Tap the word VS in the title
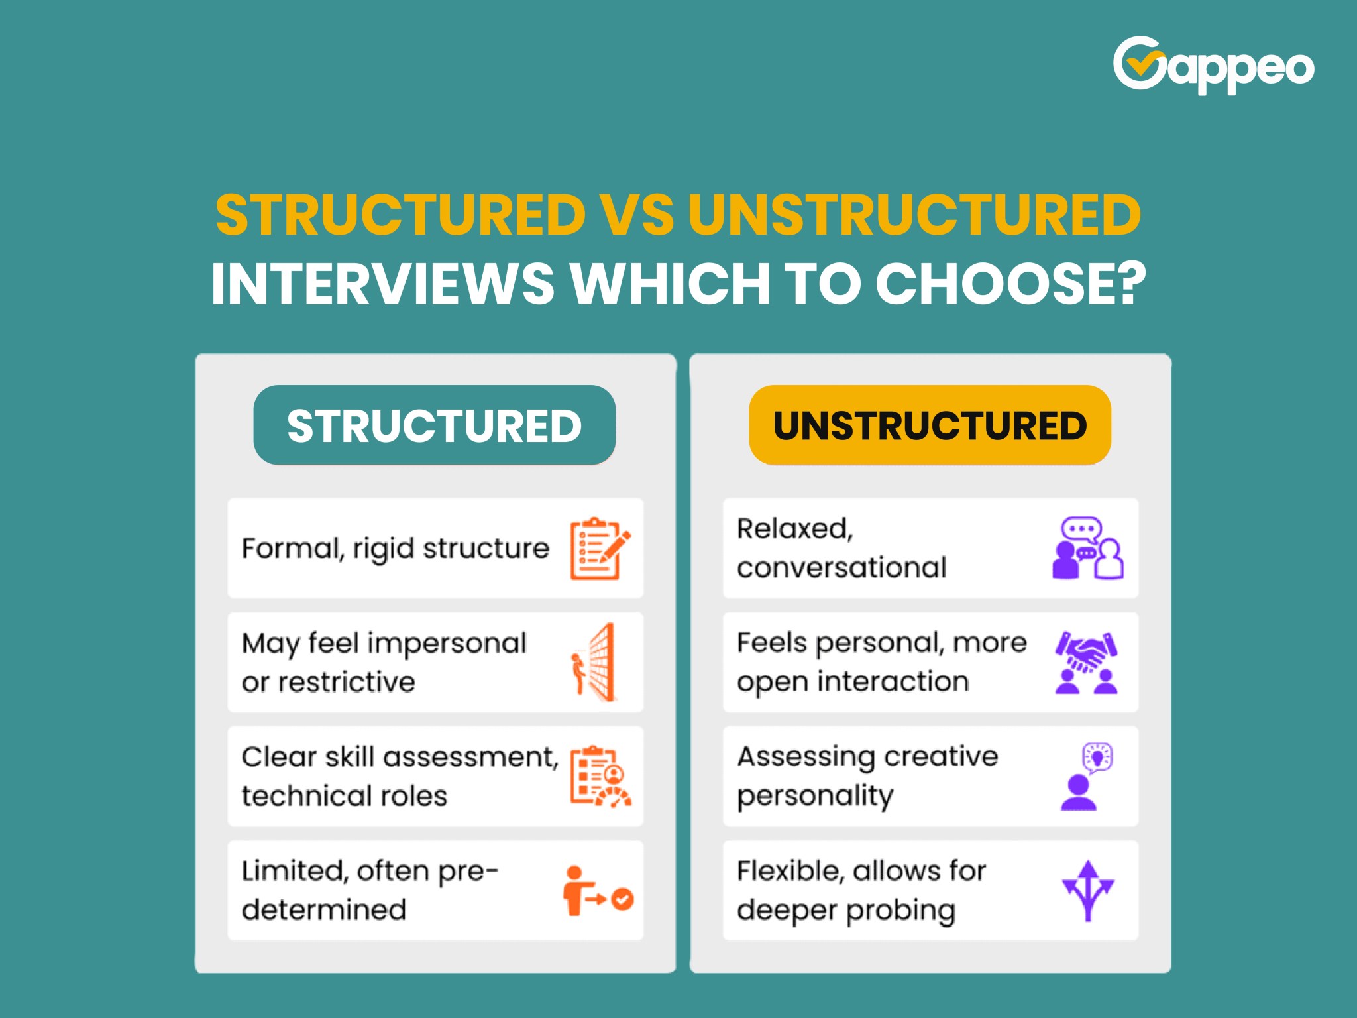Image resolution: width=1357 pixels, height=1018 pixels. tap(636, 215)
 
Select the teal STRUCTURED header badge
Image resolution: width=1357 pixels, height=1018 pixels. tap(434, 425)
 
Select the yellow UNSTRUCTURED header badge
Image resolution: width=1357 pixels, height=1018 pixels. tap(930, 425)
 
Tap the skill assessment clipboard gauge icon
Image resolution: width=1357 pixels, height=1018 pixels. tap(600, 776)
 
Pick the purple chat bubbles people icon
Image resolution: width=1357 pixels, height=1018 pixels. tap(1087, 548)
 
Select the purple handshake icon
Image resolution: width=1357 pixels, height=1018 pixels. tap(1087, 662)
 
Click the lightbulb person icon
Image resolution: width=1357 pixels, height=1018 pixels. tap(1087, 776)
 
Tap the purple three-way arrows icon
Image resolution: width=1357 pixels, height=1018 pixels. tap(1087, 890)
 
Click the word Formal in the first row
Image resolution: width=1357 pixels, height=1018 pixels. tap(293, 549)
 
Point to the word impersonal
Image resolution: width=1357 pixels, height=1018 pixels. tap(447, 643)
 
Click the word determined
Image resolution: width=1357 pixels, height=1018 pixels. tap(323, 909)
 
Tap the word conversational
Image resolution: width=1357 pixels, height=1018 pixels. tap(841, 568)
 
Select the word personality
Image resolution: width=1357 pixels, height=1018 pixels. tap(815, 796)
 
